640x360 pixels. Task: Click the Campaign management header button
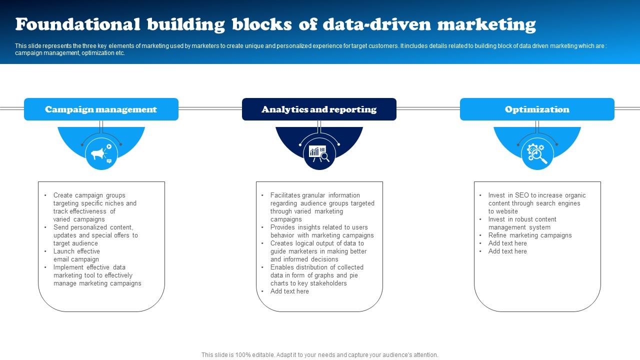click(101, 109)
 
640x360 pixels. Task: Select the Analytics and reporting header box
click(319, 109)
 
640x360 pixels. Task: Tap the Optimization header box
click(537, 109)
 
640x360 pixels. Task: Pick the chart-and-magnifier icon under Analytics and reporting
click(319, 153)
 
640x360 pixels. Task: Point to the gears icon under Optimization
click(537, 153)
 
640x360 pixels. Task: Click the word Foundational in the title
click(77, 24)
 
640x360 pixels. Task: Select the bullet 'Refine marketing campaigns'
click(530, 235)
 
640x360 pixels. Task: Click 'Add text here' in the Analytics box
click(289, 291)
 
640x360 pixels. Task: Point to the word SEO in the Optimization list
click(522, 195)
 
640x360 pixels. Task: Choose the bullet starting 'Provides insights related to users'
click(322, 231)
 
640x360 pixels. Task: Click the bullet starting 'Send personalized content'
click(95, 235)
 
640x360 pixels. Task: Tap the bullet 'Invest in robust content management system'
click(522, 223)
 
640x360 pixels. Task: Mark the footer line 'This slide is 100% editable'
click(319, 355)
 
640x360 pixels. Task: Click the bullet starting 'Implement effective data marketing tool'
click(97, 275)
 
